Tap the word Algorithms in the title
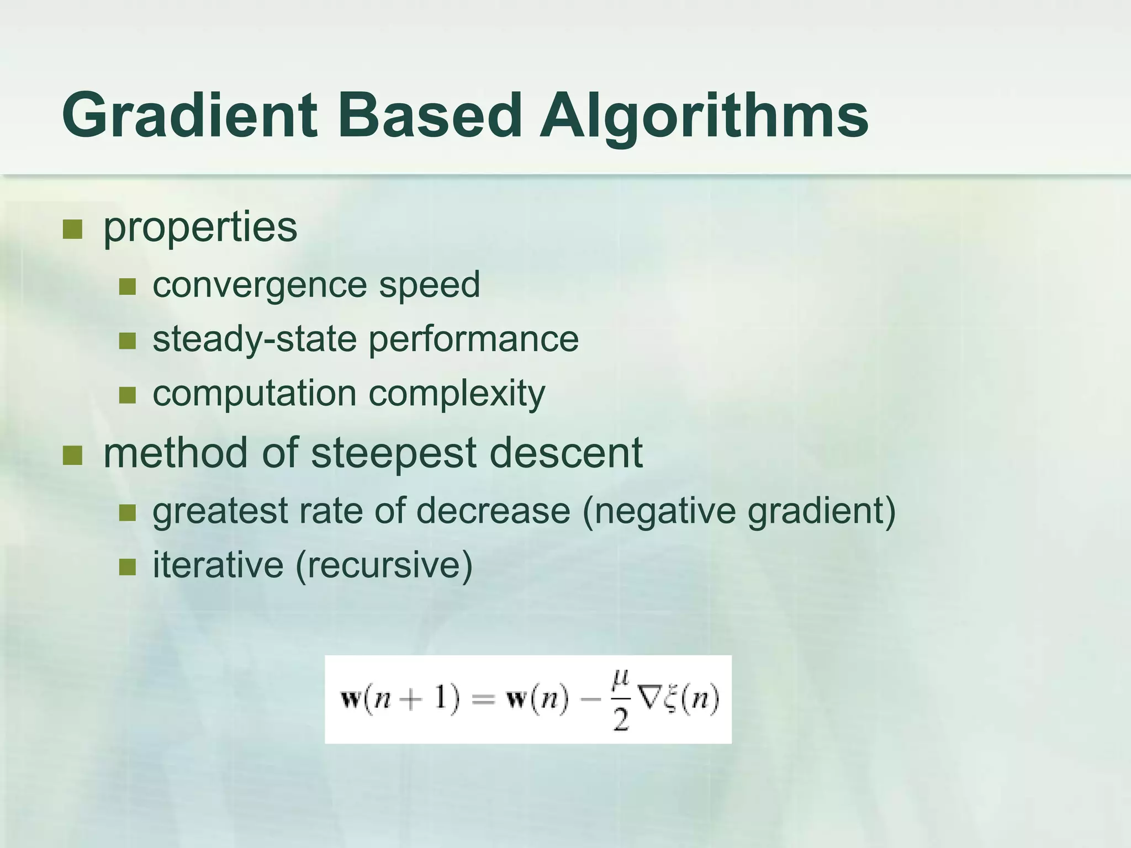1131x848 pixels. [704, 115]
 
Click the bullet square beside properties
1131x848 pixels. [72, 229]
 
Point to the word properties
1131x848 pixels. [200, 227]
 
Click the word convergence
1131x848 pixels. [260, 285]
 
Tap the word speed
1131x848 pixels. [429, 285]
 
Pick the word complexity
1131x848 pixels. [457, 394]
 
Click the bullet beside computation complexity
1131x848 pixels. [128, 395]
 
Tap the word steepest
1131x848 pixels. [393, 453]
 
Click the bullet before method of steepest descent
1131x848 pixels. [72, 455]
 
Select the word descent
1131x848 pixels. [565, 453]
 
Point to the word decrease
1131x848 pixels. [493, 511]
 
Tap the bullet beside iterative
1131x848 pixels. [128, 566]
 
